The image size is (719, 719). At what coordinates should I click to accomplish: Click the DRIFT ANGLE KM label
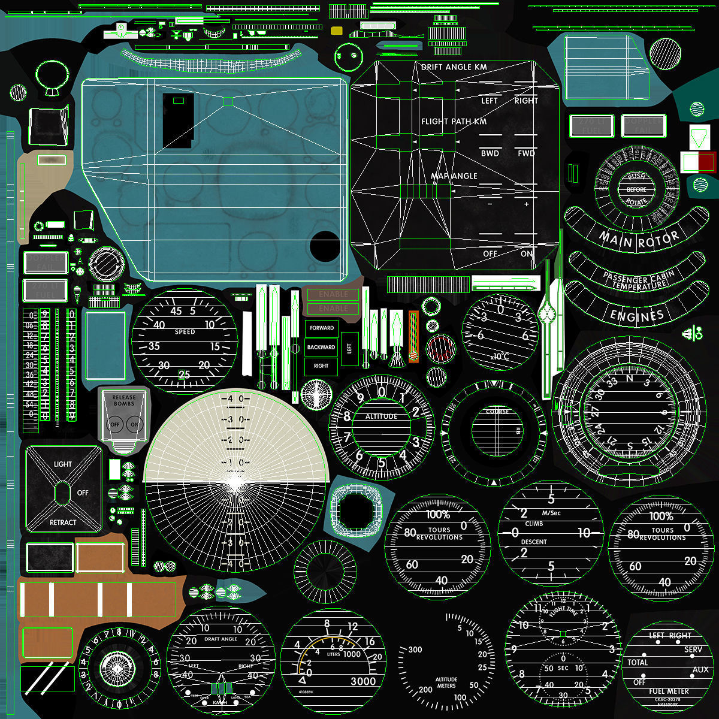coord(454,67)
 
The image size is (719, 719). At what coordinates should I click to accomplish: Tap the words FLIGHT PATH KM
coord(454,122)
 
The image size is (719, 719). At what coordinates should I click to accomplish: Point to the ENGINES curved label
coord(636,315)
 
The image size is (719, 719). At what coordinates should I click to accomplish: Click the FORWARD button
coord(322,328)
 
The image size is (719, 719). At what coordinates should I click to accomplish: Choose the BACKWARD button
coord(321,347)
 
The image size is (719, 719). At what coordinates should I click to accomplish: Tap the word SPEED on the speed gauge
coord(185,332)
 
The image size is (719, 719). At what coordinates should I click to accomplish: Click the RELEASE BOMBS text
coord(124,400)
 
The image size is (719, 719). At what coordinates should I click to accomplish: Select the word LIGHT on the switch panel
coord(63,464)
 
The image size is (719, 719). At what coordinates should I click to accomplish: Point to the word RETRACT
coord(63,522)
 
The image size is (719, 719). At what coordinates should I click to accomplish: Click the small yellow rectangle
coord(337,31)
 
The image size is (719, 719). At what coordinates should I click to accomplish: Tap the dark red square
coord(707,162)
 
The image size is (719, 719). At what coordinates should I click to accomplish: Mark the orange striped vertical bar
coord(413,336)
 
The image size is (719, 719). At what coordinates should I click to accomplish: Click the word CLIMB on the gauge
coord(534,524)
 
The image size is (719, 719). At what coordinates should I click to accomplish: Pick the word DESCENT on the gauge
coord(534,542)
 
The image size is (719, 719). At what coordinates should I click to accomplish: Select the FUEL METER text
coord(669,691)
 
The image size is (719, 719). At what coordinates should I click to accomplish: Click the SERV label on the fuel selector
coord(693,649)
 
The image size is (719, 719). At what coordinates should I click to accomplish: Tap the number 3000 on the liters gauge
coord(363,681)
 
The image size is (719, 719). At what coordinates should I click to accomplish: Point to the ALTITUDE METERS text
coord(446,683)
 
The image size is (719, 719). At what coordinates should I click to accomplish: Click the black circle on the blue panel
coord(325,246)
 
